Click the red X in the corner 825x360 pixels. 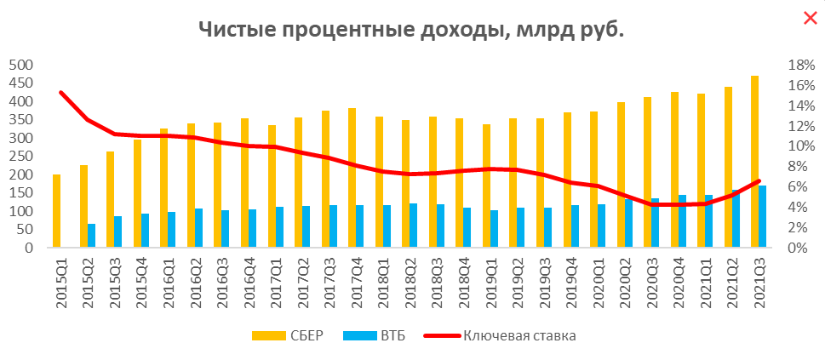(x=810, y=18)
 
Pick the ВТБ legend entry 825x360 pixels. (x=375, y=335)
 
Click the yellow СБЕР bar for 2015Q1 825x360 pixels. (x=57, y=211)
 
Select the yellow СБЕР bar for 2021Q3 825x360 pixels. (x=754, y=162)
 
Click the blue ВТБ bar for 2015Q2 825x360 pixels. (x=92, y=236)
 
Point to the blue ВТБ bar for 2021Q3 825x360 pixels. (x=763, y=216)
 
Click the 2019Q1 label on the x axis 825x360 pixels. (x=491, y=281)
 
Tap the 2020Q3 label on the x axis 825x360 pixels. (x=653, y=281)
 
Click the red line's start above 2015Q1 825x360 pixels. (x=60, y=93)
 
